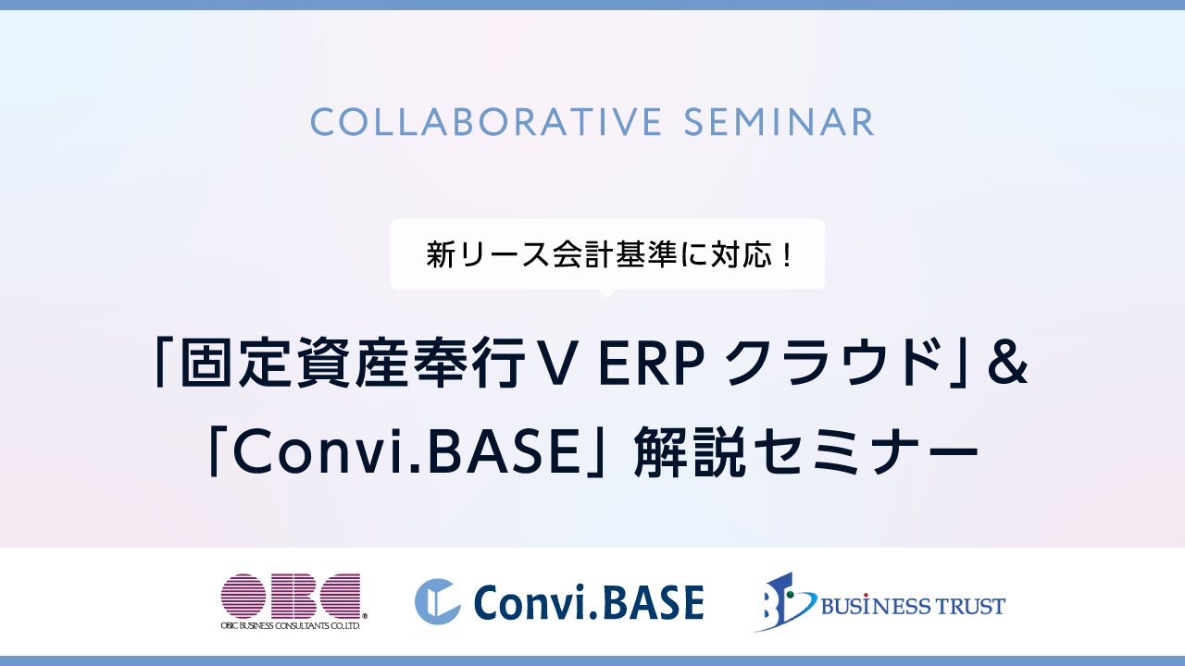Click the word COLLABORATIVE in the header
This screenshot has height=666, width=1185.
coord(486,122)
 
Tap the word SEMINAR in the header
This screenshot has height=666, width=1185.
coord(779,122)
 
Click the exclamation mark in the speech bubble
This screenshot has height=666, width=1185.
coord(787,254)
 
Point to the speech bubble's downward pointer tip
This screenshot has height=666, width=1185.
coord(607,298)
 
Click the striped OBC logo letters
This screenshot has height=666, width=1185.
coord(291,597)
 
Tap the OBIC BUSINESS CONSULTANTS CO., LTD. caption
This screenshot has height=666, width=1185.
coord(291,626)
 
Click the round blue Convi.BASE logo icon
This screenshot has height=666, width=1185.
coord(437,601)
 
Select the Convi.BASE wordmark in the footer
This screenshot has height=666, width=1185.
coord(589,601)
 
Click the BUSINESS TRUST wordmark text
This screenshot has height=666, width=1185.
coord(913,606)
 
